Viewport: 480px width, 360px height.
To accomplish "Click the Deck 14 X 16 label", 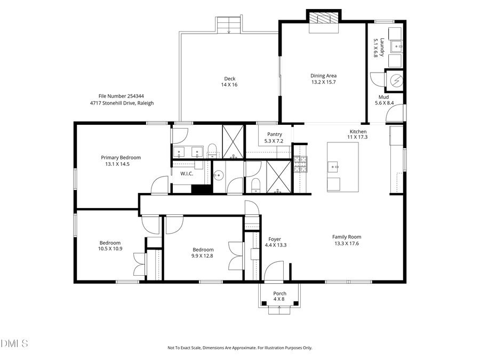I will pyautogui.click(x=229, y=82).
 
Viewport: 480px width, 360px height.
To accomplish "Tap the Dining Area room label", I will pyautogui.click(x=323, y=78).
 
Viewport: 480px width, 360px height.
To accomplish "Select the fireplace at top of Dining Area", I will pyautogui.click(x=323, y=19).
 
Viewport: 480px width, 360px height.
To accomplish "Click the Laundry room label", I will pyautogui.click(x=375, y=47).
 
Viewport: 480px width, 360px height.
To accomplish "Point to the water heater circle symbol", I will pyautogui.click(x=396, y=81).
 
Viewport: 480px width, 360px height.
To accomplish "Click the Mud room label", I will pyautogui.click(x=383, y=100).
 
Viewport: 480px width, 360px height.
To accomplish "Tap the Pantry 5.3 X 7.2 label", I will pyautogui.click(x=274, y=138).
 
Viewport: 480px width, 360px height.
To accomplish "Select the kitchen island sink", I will pyautogui.click(x=334, y=166).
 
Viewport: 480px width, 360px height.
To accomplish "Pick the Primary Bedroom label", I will pyautogui.click(x=121, y=161).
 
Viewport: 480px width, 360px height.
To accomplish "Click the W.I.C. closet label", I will pyautogui.click(x=187, y=173).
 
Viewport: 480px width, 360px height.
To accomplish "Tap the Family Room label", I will pyautogui.click(x=347, y=240).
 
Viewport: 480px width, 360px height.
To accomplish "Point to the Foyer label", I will pyautogui.click(x=275, y=242).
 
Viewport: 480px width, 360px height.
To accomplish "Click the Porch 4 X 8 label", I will pyautogui.click(x=279, y=296).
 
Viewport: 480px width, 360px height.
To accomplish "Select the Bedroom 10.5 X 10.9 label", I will pyautogui.click(x=110, y=245).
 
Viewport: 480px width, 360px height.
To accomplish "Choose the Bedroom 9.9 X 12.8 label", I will pyautogui.click(x=203, y=252).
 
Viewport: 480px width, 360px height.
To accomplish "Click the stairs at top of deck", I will pyautogui.click(x=229, y=26).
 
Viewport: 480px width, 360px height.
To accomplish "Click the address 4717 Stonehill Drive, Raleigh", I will pyautogui.click(x=122, y=103).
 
